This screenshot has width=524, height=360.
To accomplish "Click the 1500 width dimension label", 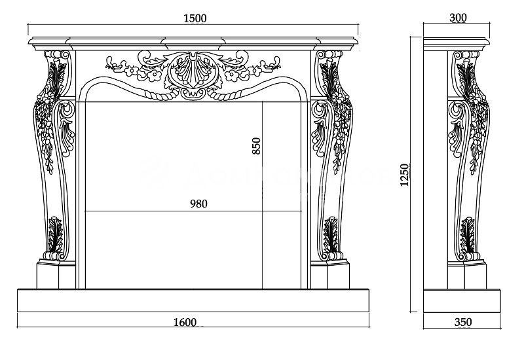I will point(195,18).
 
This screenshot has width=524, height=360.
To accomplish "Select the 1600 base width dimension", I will point(186,321).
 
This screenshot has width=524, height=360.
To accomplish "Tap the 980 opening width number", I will point(199,204).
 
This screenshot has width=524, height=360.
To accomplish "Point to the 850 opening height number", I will point(256,145).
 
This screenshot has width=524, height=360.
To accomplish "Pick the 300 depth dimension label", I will point(458,18).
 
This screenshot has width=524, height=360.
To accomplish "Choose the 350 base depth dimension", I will point(462,322).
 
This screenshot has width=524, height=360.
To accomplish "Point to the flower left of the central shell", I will point(153,75).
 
